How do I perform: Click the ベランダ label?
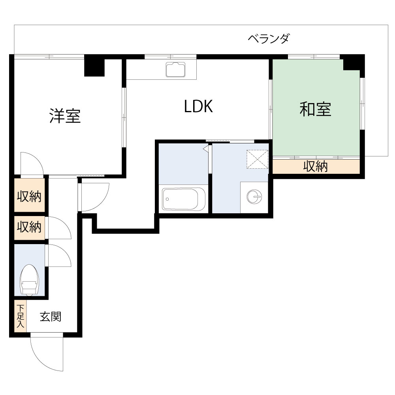[x=269, y=39]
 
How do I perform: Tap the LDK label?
[x=199, y=107]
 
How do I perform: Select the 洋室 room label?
[x=65, y=116]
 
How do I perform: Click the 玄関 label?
[x=51, y=317]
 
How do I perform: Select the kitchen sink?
[x=176, y=70]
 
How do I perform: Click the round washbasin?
[x=254, y=196]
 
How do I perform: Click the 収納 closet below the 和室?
[x=316, y=167]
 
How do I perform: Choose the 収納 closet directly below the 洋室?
[x=29, y=196]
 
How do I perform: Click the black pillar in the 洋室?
[x=94, y=67]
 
